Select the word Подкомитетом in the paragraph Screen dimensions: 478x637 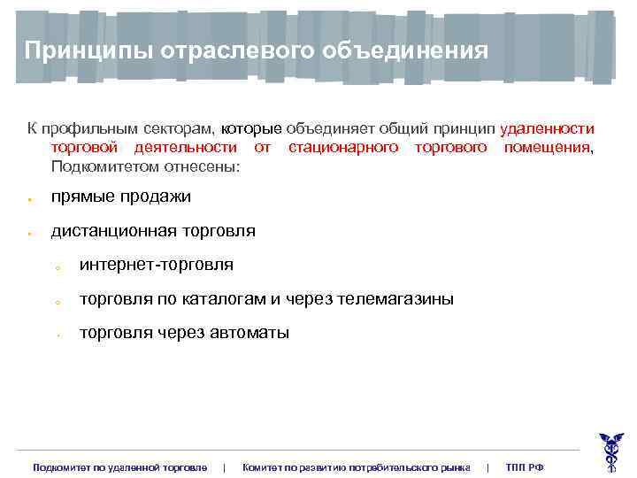tap(98, 166)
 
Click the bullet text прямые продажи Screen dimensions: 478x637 tap(121, 196)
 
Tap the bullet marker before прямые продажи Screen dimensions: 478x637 tap(29, 198)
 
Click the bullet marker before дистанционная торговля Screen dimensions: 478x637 tap(29, 234)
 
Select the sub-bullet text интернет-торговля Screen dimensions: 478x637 tap(157, 265)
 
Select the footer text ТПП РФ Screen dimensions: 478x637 tap(525, 466)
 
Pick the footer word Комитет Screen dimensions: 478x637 tap(263, 466)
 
